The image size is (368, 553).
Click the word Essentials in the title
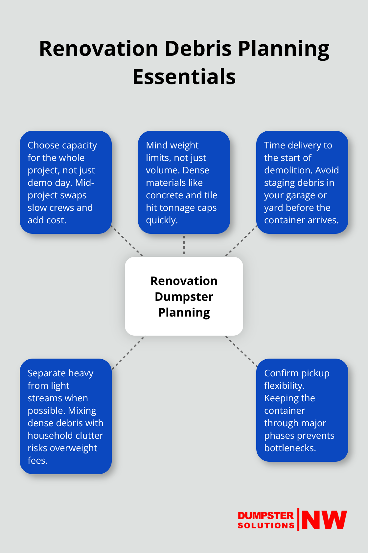[184, 77]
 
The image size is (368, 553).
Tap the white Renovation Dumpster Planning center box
[184, 296]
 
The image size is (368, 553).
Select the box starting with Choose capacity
[66, 182]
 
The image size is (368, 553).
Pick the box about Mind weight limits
[184, 182]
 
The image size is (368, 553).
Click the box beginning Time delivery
[302, 182]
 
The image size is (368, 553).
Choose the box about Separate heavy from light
[66, 416]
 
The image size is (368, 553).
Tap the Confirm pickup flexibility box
[302, 410]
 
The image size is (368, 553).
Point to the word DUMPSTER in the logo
[265, 516]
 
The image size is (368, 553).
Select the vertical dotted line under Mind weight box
[184, 245]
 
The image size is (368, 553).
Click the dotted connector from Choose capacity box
[127, 241]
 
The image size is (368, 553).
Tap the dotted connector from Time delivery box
[241, 241]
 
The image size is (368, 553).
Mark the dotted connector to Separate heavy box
[128, 352]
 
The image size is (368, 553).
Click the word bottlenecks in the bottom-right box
[289, 448]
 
